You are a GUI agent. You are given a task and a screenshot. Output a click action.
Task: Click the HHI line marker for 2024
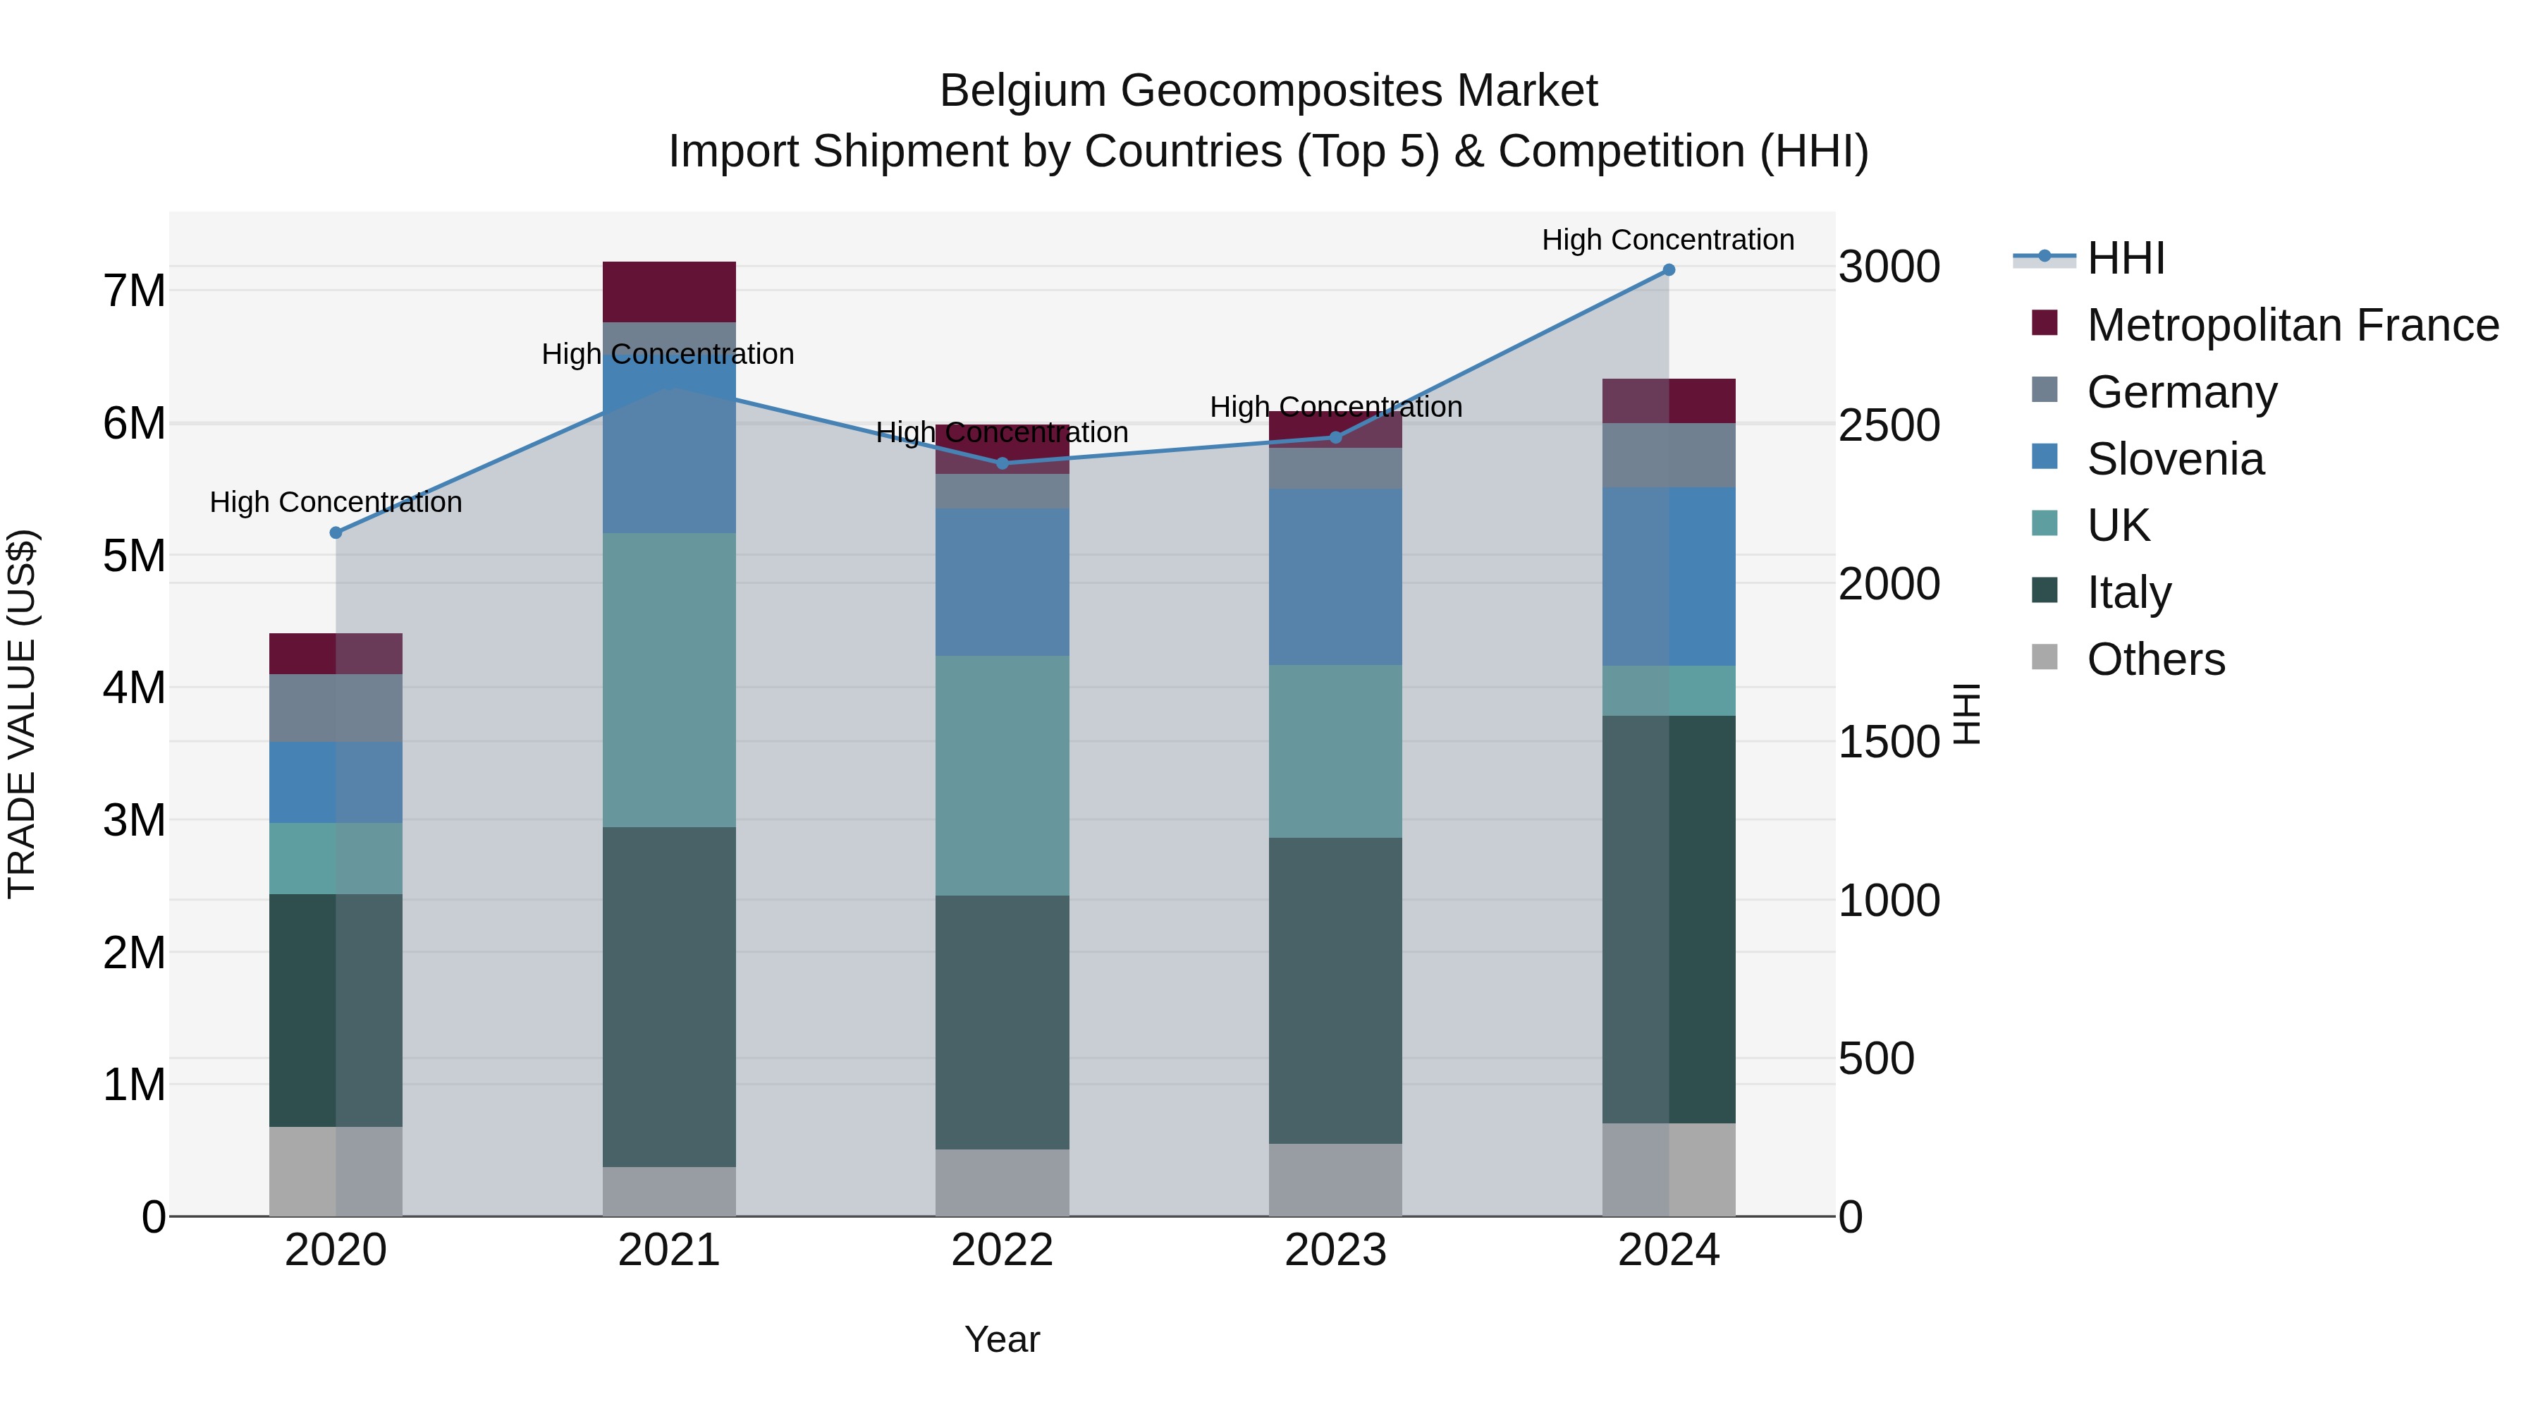tap(1668, 269)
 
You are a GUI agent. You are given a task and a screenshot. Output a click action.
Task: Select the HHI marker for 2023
tap(1335, 437)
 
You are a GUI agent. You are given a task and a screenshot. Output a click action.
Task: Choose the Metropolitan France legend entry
tap(2292, 325)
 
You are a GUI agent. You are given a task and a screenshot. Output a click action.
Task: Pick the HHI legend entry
tap(2125, 258)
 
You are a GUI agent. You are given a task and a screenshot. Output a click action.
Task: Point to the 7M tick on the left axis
tap(134, 292)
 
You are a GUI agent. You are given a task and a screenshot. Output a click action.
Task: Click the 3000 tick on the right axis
tap(1889, 267)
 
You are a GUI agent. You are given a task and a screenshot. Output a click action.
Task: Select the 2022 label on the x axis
tap(1002, 1250)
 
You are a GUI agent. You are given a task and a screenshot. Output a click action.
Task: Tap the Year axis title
tap(1002, 1339)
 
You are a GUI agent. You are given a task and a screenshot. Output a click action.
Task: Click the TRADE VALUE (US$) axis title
tap(22, 714)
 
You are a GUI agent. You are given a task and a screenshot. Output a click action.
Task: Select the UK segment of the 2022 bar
tap(1002, 776)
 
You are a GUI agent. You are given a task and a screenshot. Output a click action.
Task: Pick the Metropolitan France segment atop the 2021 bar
tap(669, 292)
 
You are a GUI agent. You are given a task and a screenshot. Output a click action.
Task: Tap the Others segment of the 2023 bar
tap(1335, 1180)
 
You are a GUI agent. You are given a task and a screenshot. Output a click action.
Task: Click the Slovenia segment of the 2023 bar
tap(1335, 577)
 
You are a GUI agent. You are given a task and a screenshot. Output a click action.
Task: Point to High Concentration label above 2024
tap(1667, 240)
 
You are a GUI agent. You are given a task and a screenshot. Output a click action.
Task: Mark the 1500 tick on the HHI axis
tap(1889, 742)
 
